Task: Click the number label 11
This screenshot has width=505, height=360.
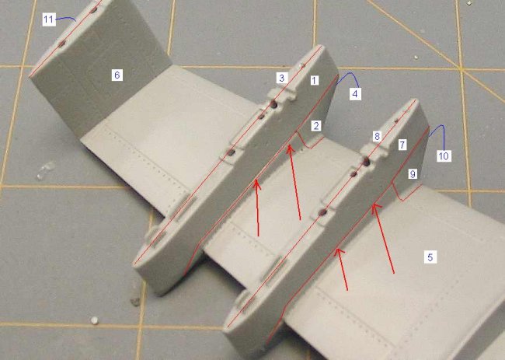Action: tap(48, 19)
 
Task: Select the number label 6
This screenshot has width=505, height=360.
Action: tap(117, 75)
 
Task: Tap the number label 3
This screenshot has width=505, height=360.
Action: tap(282, 78)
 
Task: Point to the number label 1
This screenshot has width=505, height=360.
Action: tap(315, 80)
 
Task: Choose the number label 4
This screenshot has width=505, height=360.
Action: tap(355, 94)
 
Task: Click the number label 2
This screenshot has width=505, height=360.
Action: tap(316, 126)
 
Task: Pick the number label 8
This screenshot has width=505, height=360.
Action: tap(377, 136)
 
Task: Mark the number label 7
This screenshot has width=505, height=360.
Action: tap(402, 145)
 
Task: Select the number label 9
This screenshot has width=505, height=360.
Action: tap(413, 174)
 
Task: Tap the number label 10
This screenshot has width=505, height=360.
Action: tap(444, 156)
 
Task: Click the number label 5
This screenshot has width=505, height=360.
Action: tap(430, 257)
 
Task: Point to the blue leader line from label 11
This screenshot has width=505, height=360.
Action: tap(66, 18)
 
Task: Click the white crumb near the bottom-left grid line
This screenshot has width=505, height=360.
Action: tap(94, 320)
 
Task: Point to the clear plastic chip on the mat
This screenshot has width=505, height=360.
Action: tap(45, 170)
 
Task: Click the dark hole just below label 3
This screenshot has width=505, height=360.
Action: tap(274, 103)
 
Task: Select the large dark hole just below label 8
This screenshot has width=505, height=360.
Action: tap(366, 162)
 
